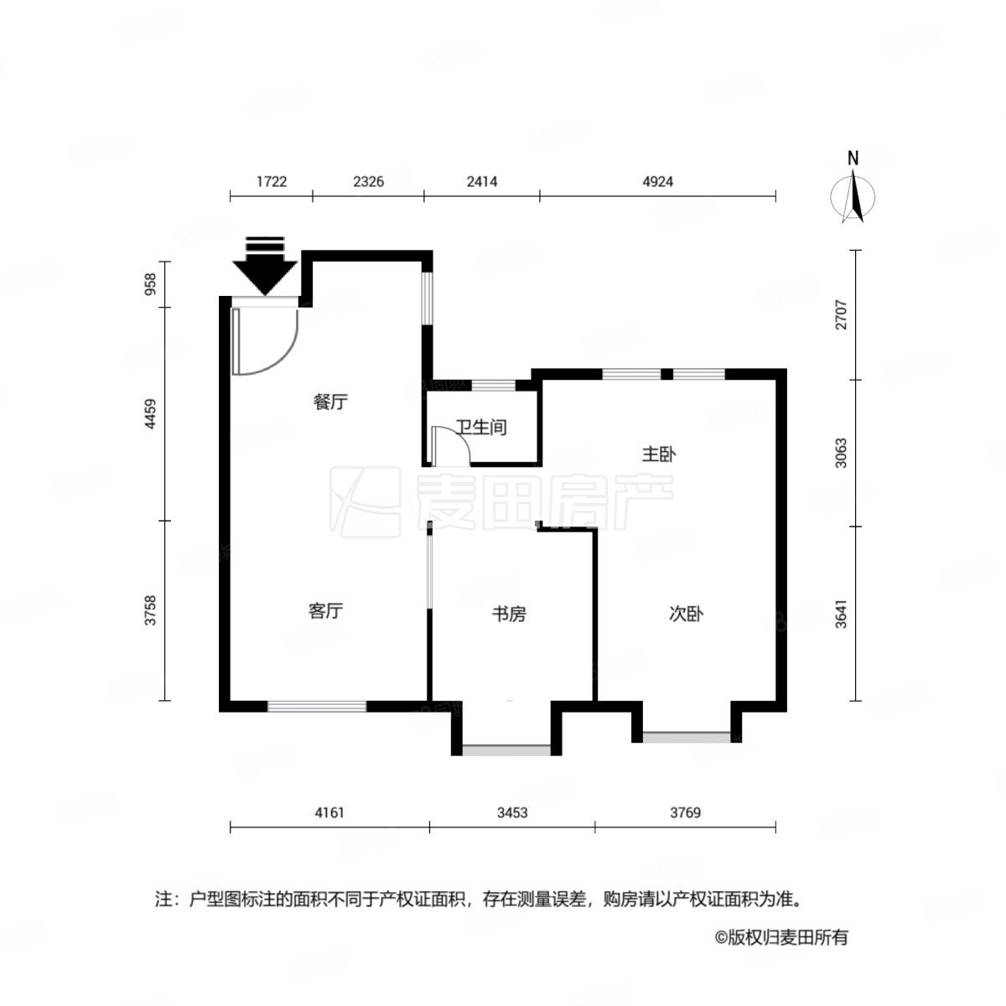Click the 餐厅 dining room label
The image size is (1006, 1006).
(x=330, y=402)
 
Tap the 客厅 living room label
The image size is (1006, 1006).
(x=324, y=611)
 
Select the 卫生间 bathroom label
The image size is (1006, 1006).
(x=481, y=428)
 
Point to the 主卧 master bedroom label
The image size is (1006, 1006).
(x=659, y=454)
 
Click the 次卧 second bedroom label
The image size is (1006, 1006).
(x=685, y=614)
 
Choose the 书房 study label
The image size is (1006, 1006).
(x=508, y=614)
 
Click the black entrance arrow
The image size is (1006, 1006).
(x=265, y=267)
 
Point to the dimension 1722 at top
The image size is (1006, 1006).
(x=272, y=181)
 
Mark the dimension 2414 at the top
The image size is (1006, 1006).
(x=481, y=181)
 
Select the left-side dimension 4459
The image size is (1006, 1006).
(x=151, y=414)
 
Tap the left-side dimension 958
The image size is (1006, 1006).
(x=151, y=285)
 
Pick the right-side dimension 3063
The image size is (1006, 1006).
(x=842, y=454)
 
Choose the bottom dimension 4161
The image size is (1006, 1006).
(x=329, y=812)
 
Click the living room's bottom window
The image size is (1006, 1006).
(x=317, y=706)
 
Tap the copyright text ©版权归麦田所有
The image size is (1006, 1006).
(x=780, y=937)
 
